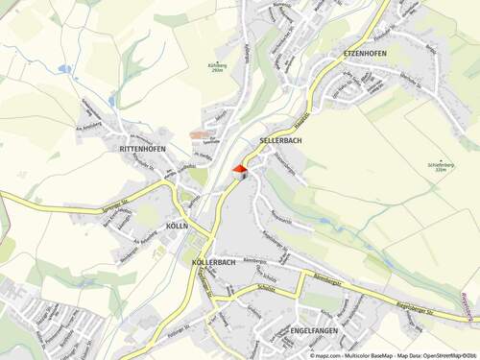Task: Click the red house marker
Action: (x=240, y=169)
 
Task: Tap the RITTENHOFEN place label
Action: (x=142, y=150)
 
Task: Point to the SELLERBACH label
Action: (x=281, y=140)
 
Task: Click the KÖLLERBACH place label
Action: (x=213, y=262)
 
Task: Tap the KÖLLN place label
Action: (x=176, y=226)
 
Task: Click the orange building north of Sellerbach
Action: (x=199, y=135)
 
